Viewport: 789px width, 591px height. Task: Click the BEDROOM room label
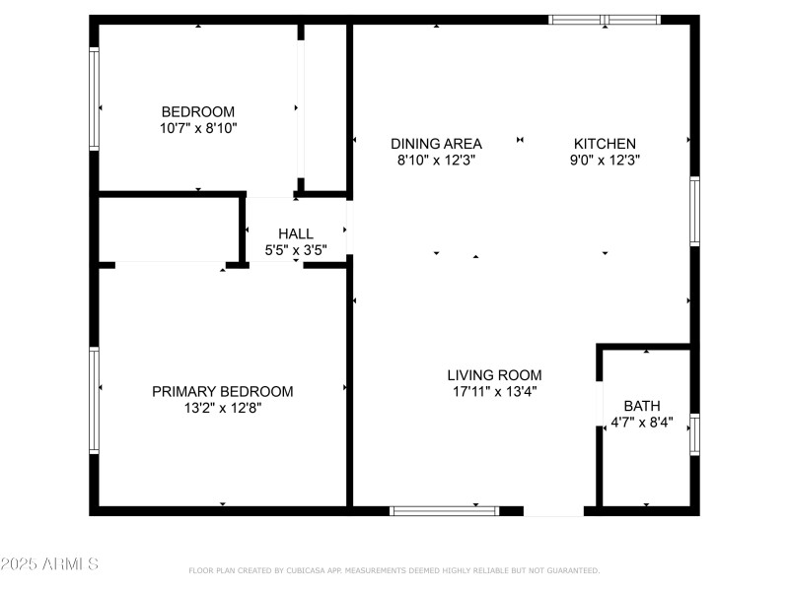pos(198,111)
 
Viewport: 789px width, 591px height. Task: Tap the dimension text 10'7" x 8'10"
pos(198,128)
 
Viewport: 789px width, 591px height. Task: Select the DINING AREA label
pos(436,144)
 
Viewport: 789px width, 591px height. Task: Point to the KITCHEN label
pos(605,144)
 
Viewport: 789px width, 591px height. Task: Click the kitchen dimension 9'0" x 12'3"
pos(605,161)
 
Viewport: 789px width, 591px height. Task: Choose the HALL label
pos(296,233)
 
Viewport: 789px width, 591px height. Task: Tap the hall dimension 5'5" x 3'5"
pos(296,250)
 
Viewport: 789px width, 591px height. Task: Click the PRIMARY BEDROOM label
pos(223,391)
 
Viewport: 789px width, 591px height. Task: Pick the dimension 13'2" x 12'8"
pos(223,408)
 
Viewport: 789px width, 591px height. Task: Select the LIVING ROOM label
pos(495,375)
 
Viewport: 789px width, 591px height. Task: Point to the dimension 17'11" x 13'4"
pos(495,391)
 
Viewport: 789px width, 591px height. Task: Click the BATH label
pos(642,406)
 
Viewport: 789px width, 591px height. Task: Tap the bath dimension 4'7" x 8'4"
pos(642,423)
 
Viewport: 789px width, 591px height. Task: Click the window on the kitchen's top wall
pos(605,20)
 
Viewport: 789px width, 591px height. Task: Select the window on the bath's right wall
pos(695,434)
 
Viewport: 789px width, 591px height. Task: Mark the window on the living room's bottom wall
pos(445,511)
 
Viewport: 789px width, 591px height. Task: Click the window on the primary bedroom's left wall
pos(94,400)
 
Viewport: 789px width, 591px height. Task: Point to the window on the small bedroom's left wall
pos(94,98)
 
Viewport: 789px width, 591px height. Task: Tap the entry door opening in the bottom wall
pos(553,511)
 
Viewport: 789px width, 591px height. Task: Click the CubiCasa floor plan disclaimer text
pos(394,570)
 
